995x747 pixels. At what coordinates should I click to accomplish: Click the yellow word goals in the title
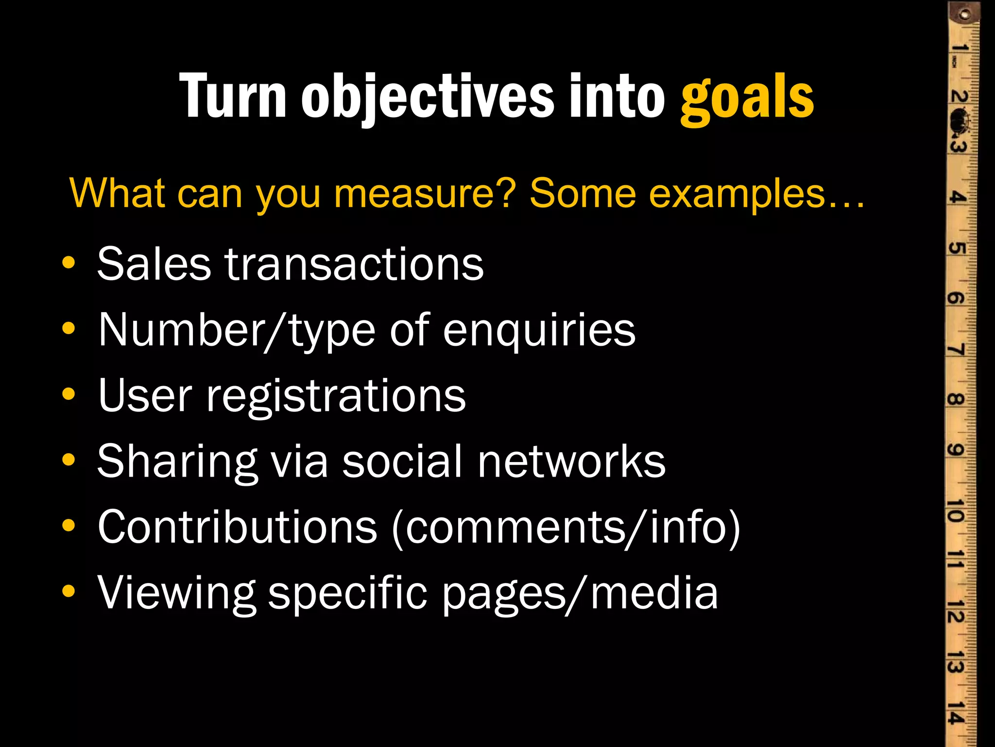[747, 97]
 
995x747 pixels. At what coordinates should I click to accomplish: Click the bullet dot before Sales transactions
[69, 263]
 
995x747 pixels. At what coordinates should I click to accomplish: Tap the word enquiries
[539, 331]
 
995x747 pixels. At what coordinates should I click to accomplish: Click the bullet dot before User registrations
[69, 394]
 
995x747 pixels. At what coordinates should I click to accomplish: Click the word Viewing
[176, 593]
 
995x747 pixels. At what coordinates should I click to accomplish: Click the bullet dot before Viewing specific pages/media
[69, 591]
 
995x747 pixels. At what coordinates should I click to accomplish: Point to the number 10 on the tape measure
[956, 509]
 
